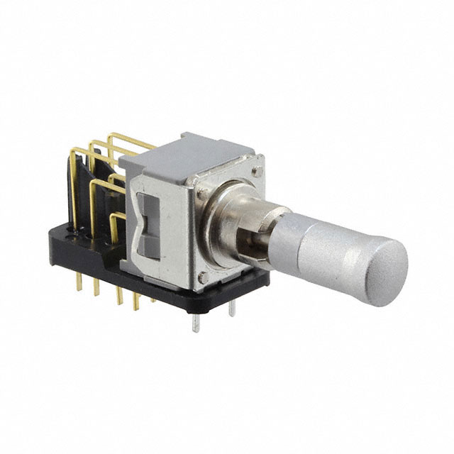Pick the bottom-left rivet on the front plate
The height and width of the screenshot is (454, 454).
(204, 279)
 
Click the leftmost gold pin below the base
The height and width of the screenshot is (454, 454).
(79, 282)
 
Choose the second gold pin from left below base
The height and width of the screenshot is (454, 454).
(99, 292)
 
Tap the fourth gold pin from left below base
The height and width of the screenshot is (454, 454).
(136, 304)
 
